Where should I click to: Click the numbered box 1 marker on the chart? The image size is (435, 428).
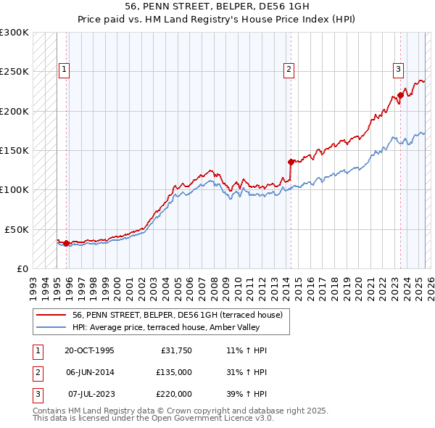65,70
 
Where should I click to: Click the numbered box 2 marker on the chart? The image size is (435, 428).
289,70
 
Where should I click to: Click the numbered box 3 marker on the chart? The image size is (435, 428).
399,70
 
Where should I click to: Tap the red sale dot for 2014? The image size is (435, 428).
291,162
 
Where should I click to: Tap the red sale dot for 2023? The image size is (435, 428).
400,95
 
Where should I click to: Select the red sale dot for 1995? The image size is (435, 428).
67,243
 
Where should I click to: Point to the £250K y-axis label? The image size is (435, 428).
14,72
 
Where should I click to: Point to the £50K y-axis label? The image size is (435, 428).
17,229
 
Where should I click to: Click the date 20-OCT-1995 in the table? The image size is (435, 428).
89,350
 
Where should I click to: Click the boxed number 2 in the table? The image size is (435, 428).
36,372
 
